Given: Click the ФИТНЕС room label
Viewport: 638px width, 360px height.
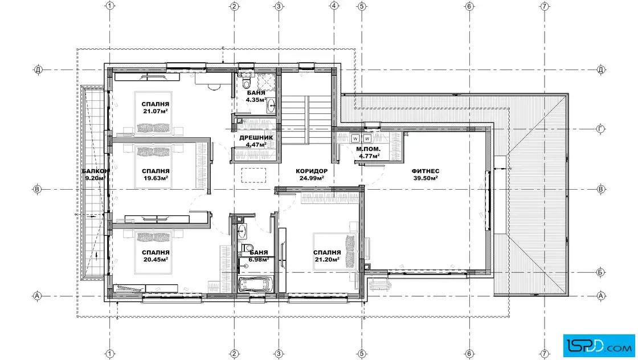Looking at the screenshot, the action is [425, 171].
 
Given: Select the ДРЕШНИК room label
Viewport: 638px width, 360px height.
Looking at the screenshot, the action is [256, 137].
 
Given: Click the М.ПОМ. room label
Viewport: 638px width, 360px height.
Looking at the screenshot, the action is [368, 149].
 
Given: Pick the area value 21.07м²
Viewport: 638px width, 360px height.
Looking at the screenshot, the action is [156, 111].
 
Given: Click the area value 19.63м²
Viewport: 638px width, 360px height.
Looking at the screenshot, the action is [156, 178].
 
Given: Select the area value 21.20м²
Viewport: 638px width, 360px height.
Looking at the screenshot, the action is [327, 260].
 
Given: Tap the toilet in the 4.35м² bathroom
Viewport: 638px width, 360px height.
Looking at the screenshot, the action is [246, 83].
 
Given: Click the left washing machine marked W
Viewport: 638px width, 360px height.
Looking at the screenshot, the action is [355, 138].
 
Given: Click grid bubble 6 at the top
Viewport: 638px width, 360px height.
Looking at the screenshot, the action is [469, 6].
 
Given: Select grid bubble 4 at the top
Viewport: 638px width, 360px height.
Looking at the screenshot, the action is [334, 6].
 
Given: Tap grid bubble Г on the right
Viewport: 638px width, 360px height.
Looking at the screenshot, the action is [600, 129].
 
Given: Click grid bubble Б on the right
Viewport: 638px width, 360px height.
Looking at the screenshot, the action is [600, 272].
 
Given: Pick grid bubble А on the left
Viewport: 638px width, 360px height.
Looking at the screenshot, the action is [37, 296].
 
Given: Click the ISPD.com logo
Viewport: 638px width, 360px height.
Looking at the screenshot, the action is [599, 346].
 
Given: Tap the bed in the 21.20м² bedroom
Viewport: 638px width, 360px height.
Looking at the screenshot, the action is [336, 251].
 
